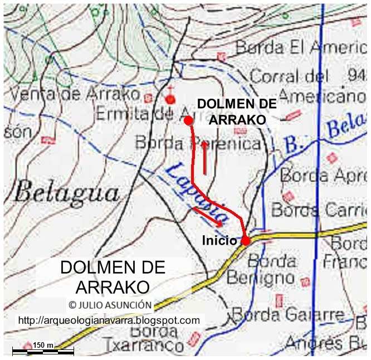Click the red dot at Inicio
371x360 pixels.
pos(245,241)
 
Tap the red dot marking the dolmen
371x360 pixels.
pos(188,120)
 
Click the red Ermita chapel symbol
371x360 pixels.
pos(170,99)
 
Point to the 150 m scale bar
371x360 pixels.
pos(43,351)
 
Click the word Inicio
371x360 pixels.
pos(220,241)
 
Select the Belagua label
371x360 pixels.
pos(66,194)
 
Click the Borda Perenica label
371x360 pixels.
pos(198,144)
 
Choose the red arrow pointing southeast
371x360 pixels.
pos(208,216)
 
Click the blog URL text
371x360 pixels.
pos(109,320)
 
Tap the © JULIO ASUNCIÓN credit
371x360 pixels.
pos(110,305)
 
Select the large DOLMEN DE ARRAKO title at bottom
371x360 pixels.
pos(113,277)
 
